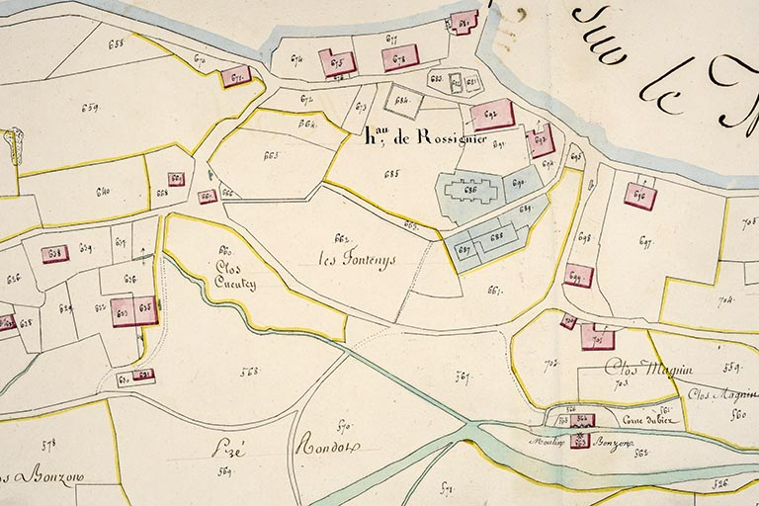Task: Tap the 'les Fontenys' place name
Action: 356,260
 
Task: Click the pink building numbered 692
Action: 491,115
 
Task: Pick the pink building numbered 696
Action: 640,195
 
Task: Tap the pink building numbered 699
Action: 579,276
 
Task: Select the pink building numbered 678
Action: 400,58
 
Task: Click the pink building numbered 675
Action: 337,63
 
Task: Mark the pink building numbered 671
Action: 235,76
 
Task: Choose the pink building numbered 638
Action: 55,253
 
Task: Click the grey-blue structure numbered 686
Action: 470,192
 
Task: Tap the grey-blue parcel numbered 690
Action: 522,183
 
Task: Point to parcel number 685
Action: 391,174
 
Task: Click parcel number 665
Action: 270,156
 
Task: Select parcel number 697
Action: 646,241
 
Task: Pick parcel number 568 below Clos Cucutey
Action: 248,372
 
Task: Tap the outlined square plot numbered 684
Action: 402,101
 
